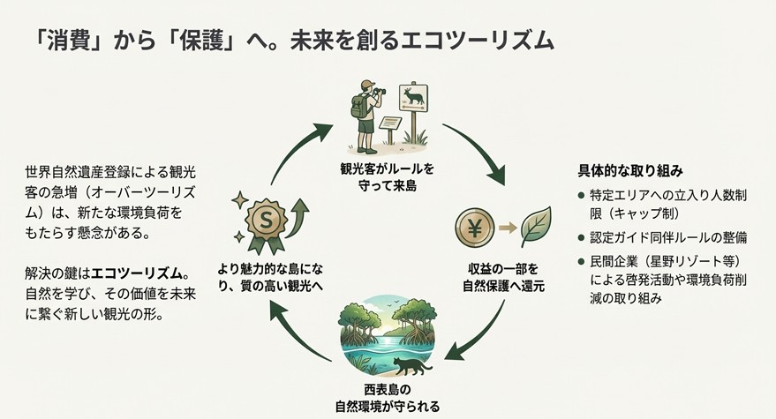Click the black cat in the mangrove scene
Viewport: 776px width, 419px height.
(x=412, y=363)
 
